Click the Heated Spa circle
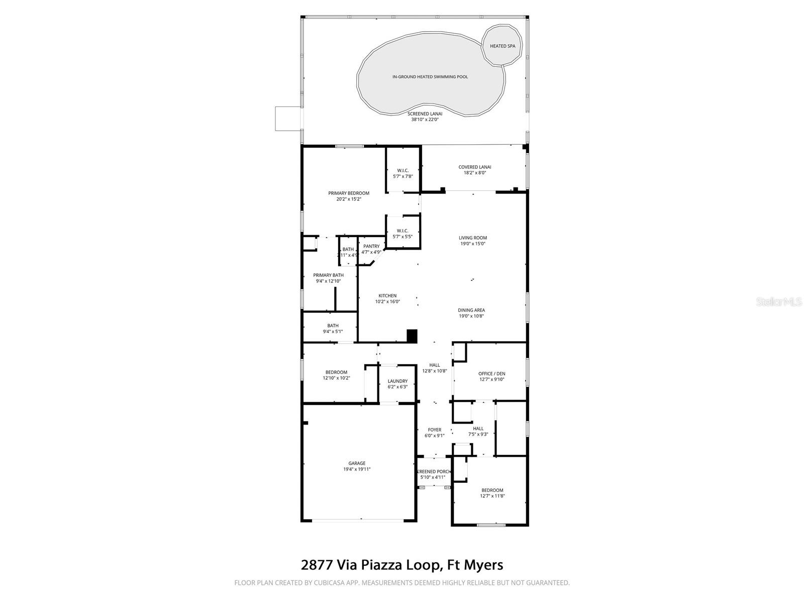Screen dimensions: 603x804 (x=502, y=46)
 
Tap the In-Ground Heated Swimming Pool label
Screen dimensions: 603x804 (x=430, y=77)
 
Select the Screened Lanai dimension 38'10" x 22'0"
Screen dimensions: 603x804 (x=425, y=120)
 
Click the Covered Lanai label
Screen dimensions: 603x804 (x=474, y=167)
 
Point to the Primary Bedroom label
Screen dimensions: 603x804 (x=349, y=193)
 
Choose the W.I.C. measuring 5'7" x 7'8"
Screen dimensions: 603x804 (x=403, y=173)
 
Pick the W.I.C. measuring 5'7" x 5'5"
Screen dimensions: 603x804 (x=403, y=233)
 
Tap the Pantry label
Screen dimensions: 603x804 (x=371, y=246)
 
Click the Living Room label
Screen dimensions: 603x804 (x=472, y=238)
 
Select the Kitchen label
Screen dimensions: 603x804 (x=387, y=295)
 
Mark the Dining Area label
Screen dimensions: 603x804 (x=471, y=310)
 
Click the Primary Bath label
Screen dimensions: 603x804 (x=328, y=275)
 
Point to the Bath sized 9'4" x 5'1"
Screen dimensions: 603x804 (x=333, y=329)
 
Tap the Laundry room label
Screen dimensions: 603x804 (x=397, y=381)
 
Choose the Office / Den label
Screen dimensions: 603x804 (x=491, y=373)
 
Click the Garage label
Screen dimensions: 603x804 (x=357, y=463)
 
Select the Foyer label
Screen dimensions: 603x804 (x=434, y=430)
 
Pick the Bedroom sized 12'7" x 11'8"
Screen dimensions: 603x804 (x=492, y=493)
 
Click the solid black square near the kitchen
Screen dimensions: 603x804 (x=412, y=336)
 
